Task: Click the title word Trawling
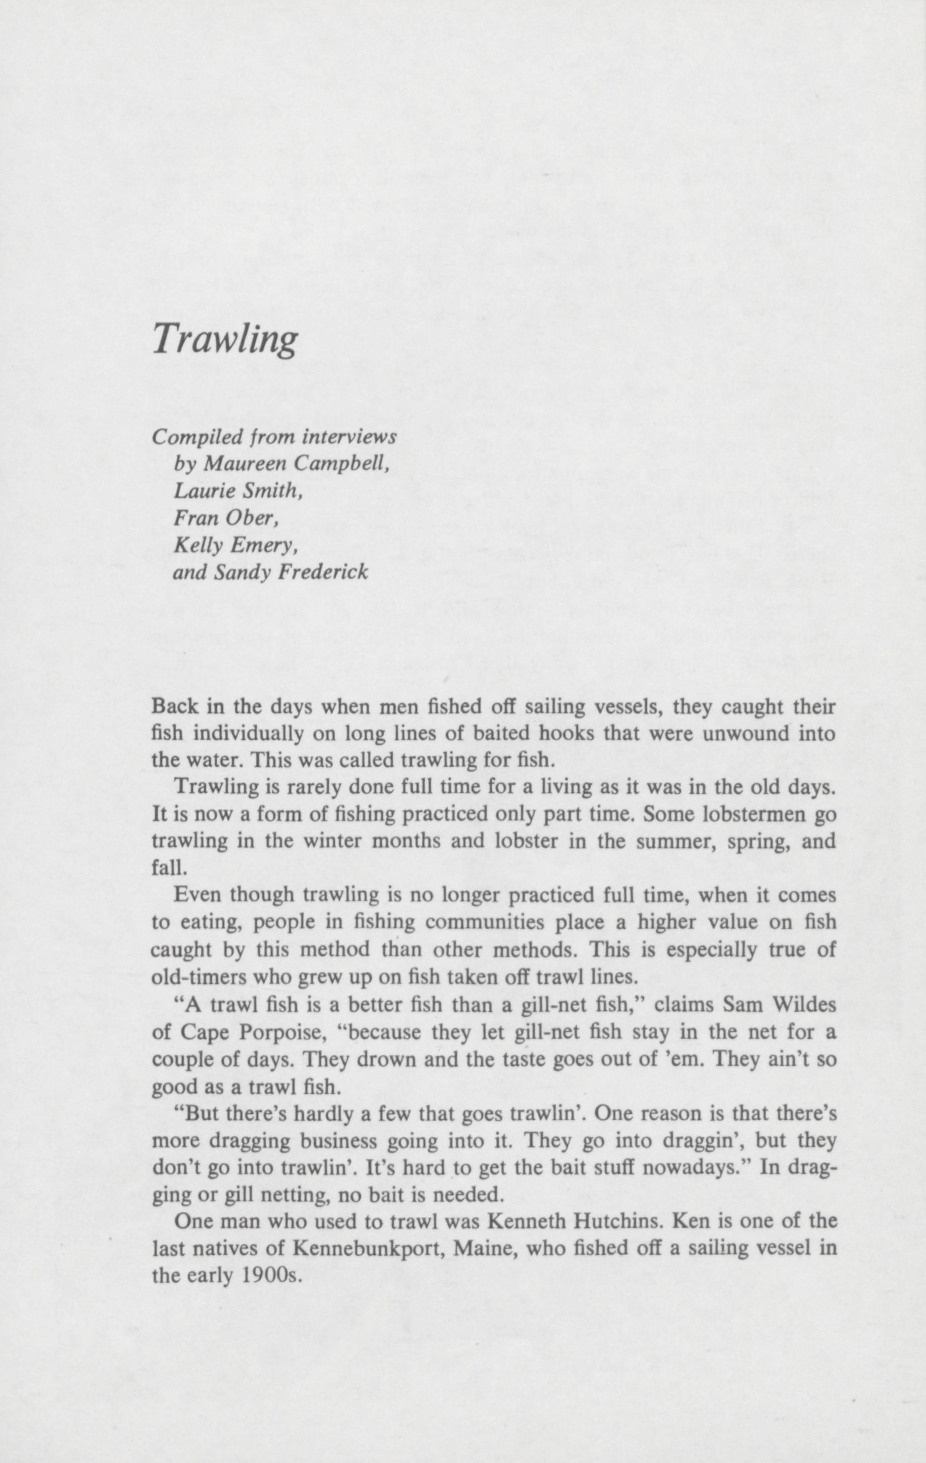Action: pyautogui.click(x=225, y=339)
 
